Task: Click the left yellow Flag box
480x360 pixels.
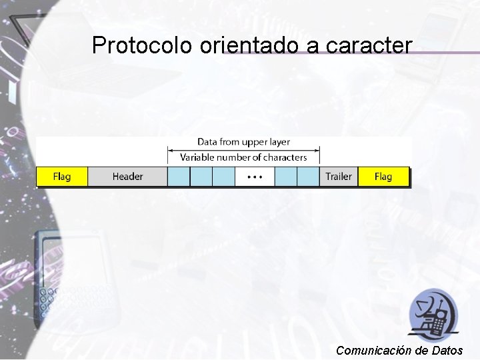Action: [62, 177]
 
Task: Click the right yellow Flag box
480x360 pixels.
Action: [383, 177]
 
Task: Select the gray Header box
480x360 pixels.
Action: [127, 177]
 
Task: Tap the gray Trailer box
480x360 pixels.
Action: [338, 177]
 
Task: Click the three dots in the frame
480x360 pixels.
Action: [255, 177]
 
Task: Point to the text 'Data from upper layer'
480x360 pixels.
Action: [243, 142]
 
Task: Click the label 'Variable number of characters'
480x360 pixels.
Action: [243, 157]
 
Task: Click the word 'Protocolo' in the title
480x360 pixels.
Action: [141, 45]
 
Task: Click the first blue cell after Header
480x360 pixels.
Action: [179, 177]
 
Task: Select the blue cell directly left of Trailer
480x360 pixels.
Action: [309, 177]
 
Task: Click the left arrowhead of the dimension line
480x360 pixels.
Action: [169, 151]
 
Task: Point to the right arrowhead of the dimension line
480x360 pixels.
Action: [317, 151]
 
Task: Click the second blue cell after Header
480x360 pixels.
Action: [201, 177]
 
